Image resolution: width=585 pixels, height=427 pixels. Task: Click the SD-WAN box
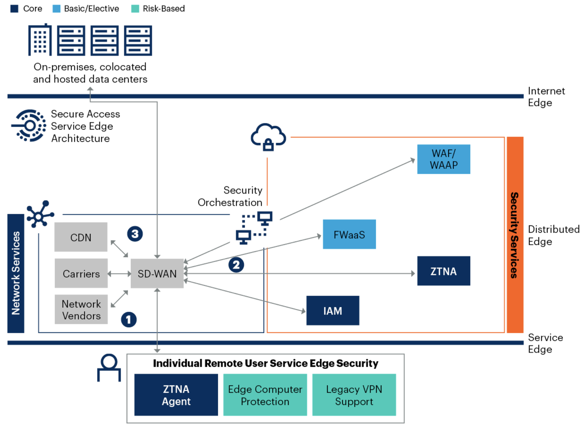coord(157,274)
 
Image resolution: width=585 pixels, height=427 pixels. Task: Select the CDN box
coord(81,237)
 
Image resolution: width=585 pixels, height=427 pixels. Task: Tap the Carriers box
coord(81,274)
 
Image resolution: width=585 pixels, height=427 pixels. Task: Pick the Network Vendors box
coord(81,310)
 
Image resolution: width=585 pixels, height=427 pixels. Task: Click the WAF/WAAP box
coord(444,159)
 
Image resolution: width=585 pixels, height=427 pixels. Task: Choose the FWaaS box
coord(349,235)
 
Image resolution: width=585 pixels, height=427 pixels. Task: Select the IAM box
coord(333,311)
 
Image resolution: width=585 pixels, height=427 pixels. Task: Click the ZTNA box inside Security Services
coord(444,271)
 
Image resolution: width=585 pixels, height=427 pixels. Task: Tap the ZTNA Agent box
coord(176,395)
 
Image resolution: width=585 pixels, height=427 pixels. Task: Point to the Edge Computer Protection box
coord(265,395)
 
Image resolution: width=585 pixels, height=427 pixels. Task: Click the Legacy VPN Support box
coord(354,395)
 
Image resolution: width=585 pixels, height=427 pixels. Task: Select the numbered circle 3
coord(135,234)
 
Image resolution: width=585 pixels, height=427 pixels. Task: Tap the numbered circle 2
coord(236,265)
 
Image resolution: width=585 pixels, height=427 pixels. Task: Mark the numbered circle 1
coord(129,319)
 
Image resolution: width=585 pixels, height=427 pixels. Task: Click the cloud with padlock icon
coord(268,137)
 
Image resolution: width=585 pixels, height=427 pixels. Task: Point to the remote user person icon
coord(109,368)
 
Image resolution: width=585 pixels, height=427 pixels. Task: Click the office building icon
coord(40,40)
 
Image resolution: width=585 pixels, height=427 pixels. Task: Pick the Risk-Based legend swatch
coord(135,9)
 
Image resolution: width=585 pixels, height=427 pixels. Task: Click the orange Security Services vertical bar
coord(515,235)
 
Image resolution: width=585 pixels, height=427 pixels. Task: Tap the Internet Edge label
coord(546,97)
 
